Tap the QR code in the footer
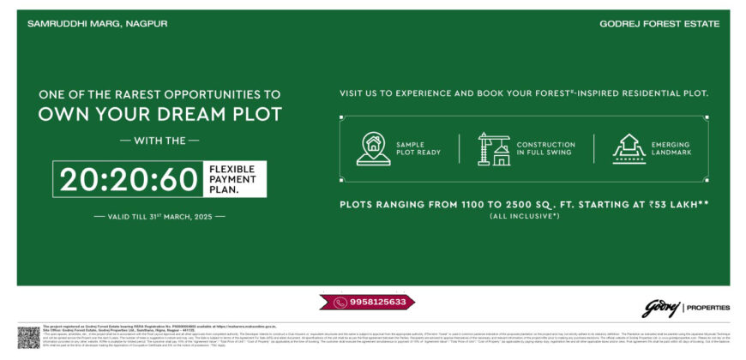pos(28,336)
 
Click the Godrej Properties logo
pos(685,307)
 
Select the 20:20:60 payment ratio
pos(129,179)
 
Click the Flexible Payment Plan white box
pos(234,179)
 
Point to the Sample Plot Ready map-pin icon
pos(373,148)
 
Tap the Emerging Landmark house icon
pos(629,148)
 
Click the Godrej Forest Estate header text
pos(659,24)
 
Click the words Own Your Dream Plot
pos(160,114)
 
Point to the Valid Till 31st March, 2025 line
pos(160,217)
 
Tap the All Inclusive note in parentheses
pos(525,215)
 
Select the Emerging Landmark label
pos(671,148)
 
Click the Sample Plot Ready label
pos(417,148)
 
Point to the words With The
pos(159,140)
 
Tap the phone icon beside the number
pos(341,302)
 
